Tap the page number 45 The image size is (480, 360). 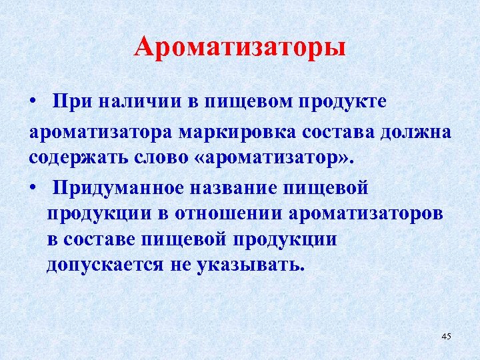click(446, 336)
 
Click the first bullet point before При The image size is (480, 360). click(33, 103)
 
